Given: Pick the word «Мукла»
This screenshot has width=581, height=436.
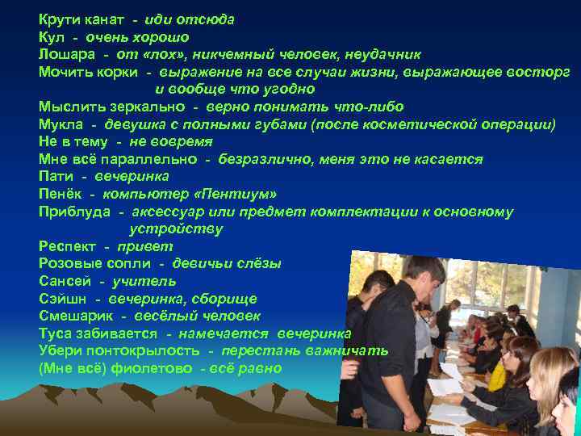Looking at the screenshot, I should point(61,124).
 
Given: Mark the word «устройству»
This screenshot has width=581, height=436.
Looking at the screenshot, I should point(176,228).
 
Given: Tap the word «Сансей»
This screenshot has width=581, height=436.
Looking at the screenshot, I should point(65,281).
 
